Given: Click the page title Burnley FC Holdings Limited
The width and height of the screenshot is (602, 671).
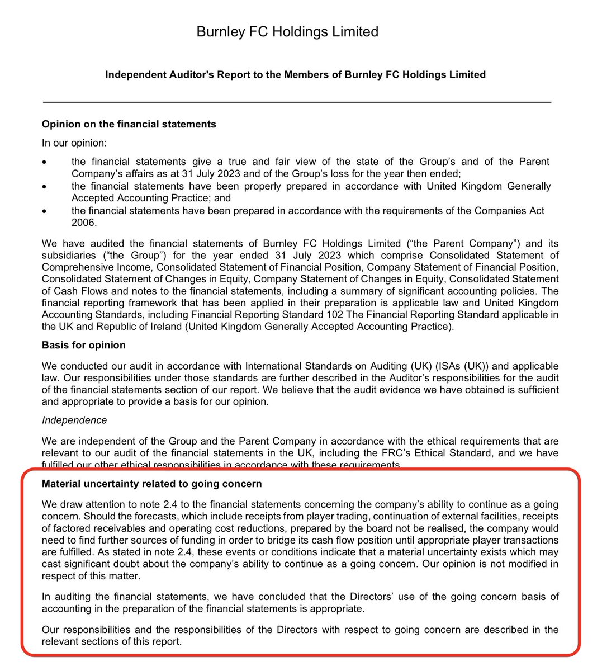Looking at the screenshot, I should (x=287, y=32).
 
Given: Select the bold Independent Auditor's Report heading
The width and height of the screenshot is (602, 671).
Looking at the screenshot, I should (x=295, y=74).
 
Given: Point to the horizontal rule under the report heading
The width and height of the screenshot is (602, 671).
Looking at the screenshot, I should (x=297, y=102).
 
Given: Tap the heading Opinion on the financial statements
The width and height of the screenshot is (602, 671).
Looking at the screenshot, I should (x=129, y=124).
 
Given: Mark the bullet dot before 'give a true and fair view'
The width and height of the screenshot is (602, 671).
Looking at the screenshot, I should (x=45, y=162).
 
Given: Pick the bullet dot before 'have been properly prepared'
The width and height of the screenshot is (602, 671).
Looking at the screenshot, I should (x=45, y=186).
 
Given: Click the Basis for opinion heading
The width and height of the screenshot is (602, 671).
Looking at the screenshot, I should (x=83, y=345).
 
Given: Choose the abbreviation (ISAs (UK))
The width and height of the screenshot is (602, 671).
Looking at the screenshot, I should (x=439, y=366).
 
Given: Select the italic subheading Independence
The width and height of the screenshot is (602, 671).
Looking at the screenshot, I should (x=74, y=420).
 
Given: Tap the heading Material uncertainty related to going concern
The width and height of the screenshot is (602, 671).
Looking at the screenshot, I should (x=151, y=483).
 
